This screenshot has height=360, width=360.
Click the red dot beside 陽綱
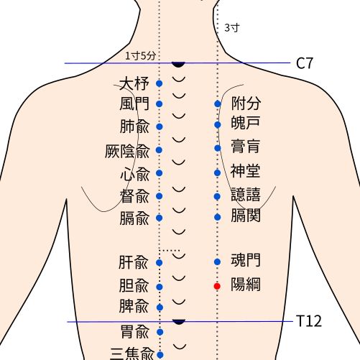pyautogui.click(x=217, y=286)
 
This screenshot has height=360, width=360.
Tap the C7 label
pyautogui.click(x=305, y=63)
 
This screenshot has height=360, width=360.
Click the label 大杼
pyautogui.click(x=134, y=84)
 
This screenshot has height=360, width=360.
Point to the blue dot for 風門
pyautogui.click(x=160, y=104)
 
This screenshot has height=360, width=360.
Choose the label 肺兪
pyautogui.click(x=134, y=126)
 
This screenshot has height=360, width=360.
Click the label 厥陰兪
pyautogui.click(x=127, y=151)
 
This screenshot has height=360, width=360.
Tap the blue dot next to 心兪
pyautogui.click(x=160, y=173)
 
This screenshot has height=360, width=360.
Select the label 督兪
pyautogui.click(x=134, y=195)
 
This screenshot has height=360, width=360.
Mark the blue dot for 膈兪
pyautogui.click(x=160, y=217)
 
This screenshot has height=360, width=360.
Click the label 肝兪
pyautogui.click(x=134, y=262)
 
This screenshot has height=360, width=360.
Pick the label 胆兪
pyautogui.click(x=134, y=285)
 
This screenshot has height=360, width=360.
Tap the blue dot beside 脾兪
pyautogui.click(x=160, y=308)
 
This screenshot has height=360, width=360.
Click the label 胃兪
pyautogui.click(x=134, y=331)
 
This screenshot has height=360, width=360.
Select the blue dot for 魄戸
pyautogui.click(x=217, y=125)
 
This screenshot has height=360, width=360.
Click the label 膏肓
pyautogui.click(x=246, y=147)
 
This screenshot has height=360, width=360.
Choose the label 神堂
pyautogui.click(x=246, y=171)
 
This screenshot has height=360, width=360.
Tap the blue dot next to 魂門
pyautogui.click(x=217, y=262)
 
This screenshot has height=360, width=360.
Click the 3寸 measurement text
pyautogui.click(x=231, y=27)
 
